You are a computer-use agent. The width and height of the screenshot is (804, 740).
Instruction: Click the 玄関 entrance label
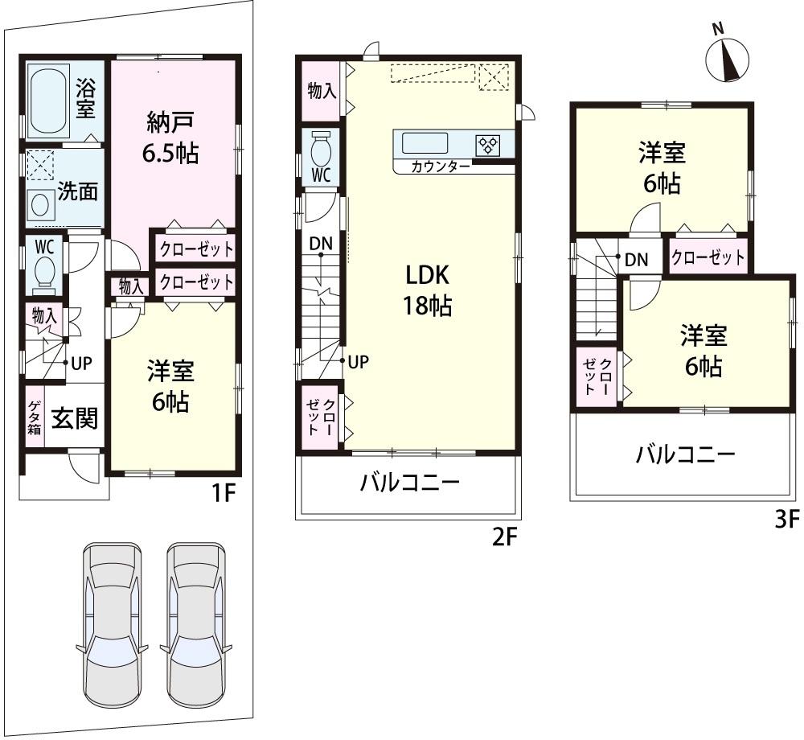[75, 418]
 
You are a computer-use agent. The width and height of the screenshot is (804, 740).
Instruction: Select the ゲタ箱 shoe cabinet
[35, 417]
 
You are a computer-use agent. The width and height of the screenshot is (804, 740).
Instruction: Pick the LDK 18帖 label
[427, 290]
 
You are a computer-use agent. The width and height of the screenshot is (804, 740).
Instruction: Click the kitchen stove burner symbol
[488, 145]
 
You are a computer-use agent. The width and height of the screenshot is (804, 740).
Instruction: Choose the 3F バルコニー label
[685, 455]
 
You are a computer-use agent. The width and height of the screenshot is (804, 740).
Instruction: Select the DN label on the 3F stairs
[637, 259]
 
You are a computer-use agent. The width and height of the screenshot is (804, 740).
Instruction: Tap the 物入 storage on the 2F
[322, 91]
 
